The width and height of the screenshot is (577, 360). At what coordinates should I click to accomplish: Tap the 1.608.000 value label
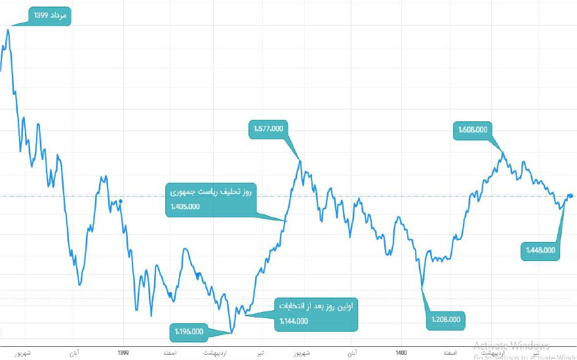tap(471, 130)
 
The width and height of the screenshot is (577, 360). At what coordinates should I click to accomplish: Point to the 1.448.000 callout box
tap(541, 250)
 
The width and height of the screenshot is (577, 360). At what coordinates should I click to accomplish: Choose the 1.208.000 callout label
tap(447, 320)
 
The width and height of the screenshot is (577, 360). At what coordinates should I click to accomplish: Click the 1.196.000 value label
tap(189, 331)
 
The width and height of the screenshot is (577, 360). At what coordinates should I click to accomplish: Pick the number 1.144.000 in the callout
tap(292, 321)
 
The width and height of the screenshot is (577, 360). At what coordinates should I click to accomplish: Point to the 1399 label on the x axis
tap(123, 353)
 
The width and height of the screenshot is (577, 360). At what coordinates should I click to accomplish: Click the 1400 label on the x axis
tap(401, 353)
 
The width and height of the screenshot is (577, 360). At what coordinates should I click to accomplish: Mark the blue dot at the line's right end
tap(570, 195)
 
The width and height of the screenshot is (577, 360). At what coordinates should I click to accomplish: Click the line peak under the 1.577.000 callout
tap(300, 160)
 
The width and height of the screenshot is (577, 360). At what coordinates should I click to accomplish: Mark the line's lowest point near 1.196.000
tap(231, 332)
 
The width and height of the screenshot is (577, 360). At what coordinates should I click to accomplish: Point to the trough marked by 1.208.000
tap(422, 287)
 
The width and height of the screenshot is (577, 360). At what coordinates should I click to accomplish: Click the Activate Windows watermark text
tap(511, 346)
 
